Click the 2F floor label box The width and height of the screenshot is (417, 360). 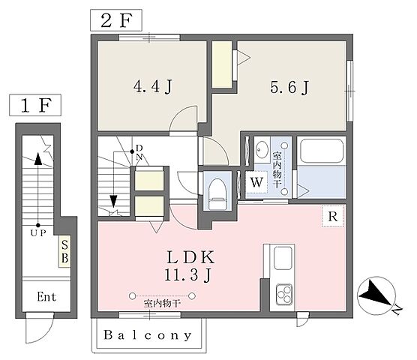[116, 20]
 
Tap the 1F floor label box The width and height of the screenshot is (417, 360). [35, 105]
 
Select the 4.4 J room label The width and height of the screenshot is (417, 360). [153, 86]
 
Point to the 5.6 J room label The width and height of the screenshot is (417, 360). [289, 87]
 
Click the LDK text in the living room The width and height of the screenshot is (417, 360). [190, 257]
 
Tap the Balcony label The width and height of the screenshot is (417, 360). [148, 335]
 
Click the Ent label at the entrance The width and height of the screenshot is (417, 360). [46, 297]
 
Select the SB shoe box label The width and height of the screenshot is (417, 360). [64, 251]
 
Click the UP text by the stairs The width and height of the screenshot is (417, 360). [38, 233]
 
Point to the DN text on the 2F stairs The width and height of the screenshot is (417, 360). [139, 152]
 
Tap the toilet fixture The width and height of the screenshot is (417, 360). [217, 194]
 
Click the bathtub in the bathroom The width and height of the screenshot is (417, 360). [321, 151]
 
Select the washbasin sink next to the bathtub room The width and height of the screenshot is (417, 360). [262, 150]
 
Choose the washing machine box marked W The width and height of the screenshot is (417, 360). [256, 182]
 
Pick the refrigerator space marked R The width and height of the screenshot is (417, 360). [333, 217]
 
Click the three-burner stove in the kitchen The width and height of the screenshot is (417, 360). [284, 294]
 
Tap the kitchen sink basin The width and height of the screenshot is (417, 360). [283, 258]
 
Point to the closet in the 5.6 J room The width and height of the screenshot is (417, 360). [222, 64]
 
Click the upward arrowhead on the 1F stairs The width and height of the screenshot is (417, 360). [38, 159]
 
